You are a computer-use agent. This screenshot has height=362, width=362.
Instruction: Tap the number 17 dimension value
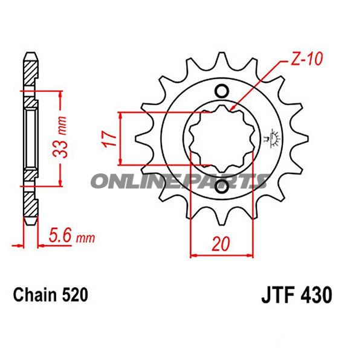coord(108,138)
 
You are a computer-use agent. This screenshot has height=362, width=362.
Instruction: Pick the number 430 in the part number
coord(315,296)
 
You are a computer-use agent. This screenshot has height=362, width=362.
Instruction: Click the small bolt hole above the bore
coord(221,91)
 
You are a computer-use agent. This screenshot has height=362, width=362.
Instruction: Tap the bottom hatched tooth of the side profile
coord(30,205)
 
